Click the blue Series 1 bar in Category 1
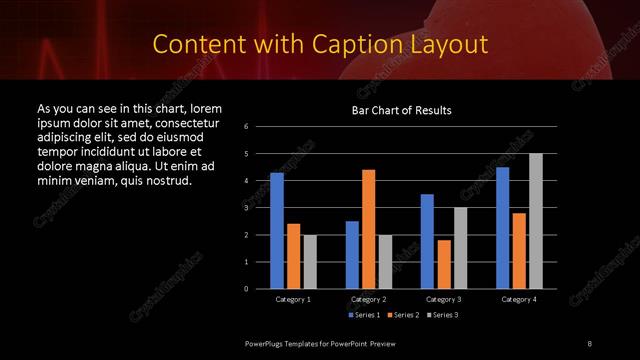[277, 230]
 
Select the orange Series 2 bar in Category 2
[368, 229]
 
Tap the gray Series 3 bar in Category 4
[536, 220]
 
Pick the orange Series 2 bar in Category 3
[444, 264]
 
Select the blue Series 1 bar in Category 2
[352, 254]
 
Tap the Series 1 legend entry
[364, 315]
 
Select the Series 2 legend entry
[403, 315]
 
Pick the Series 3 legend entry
[442, 315]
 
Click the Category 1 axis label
[293, 299]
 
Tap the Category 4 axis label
[519, 299]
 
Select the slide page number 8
[589, 344]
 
